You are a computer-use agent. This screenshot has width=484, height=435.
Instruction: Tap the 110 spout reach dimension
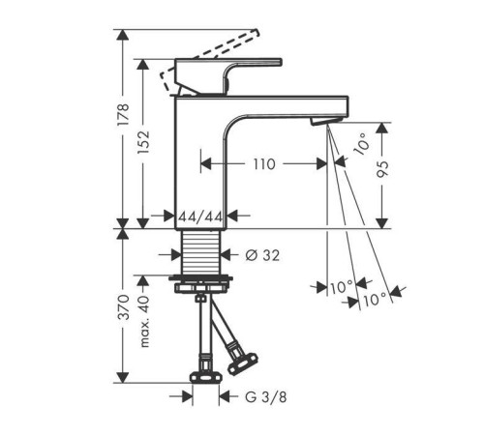(261, 163)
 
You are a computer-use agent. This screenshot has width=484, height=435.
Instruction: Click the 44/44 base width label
(201, 216)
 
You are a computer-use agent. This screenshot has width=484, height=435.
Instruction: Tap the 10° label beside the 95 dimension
(360, 145)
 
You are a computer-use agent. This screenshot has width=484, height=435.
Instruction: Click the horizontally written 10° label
(341, 287)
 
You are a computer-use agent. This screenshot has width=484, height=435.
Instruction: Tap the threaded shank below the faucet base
(202, 253)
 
